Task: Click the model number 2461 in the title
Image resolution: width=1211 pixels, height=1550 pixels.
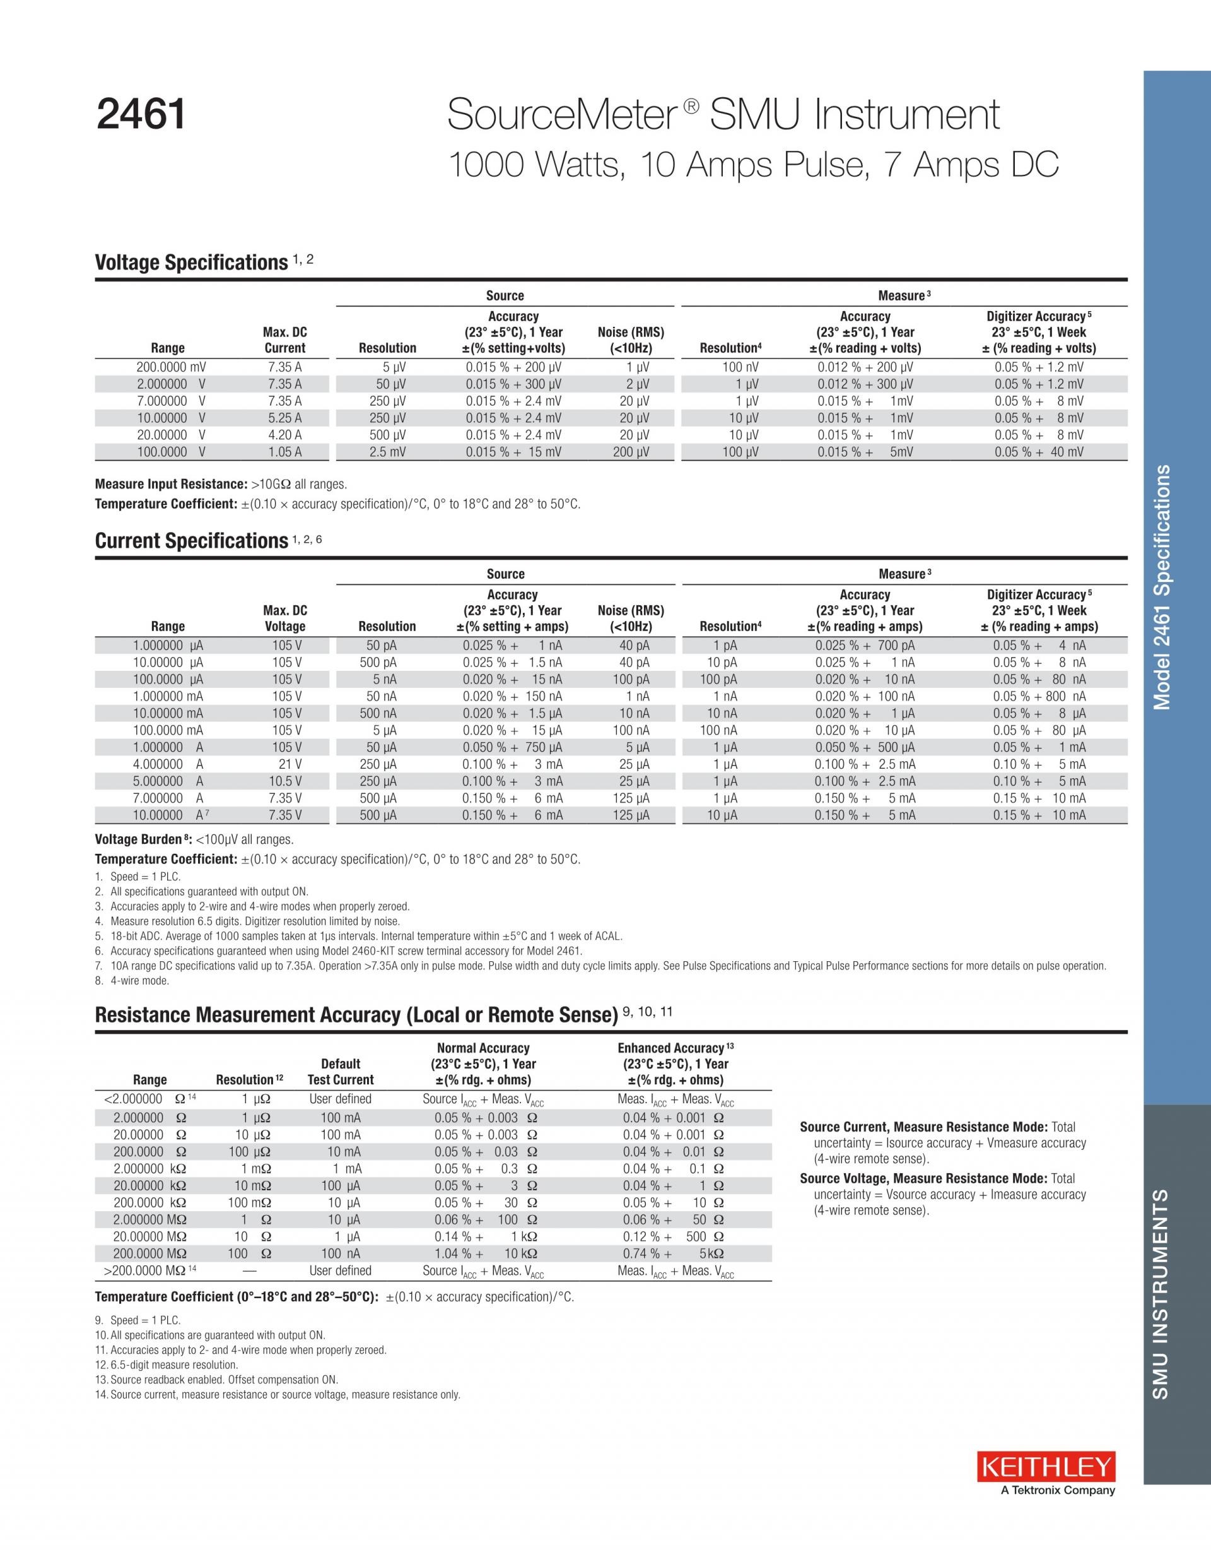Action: pyautogui.click(x=141, y=114)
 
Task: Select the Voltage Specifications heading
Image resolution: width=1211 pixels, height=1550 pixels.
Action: pyautogui.click(x=191, y=263)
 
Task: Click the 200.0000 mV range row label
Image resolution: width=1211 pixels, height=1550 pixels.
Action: pyautogui.click(x=171, y=367)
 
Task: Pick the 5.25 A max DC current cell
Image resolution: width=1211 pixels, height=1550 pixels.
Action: pyautogui.click(x=284, y=418)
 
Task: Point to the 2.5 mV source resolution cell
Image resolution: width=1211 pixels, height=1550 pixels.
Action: pyautogui.click(x=387, y=452)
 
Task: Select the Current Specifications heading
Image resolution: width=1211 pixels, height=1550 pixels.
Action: pyautogui.click(x=191, y=541)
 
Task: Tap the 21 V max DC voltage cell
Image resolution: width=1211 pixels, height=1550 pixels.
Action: pyautogui.click(x=290, y=764)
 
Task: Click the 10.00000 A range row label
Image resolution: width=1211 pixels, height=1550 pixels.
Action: pyautogui.click(x=170, y=815)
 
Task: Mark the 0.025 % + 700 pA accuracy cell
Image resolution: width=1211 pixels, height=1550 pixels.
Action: pyautogui.click(x=864, y=645)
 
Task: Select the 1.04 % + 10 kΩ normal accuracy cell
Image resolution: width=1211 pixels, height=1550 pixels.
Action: pyautogui.click(x=486, y=1253)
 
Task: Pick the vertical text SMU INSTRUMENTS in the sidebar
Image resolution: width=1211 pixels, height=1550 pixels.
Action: pyautogui.click(x=1160, y=1294)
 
